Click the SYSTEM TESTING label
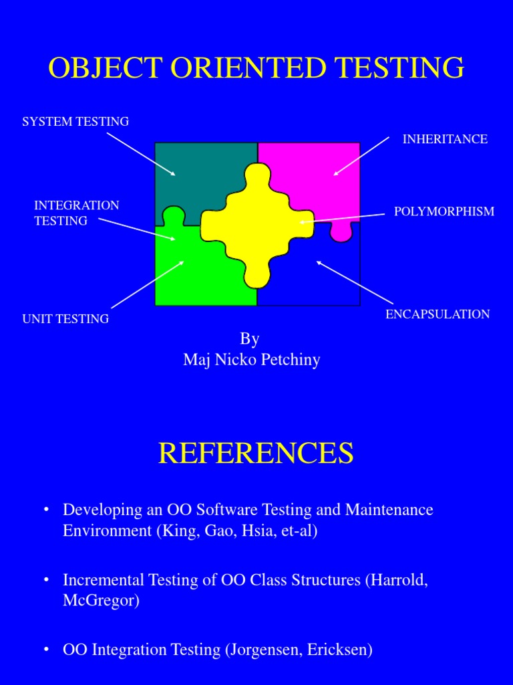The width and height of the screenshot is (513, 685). click(75, 122)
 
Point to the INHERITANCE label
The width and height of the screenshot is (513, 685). click(445, 139)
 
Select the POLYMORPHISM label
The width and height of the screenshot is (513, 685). click(444, 211)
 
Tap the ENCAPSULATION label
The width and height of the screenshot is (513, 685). click(438, 314)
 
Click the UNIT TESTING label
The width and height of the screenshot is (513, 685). click(65, 319)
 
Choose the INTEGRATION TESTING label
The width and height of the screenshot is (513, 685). click(76, 213)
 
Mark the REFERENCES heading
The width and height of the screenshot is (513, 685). click(256, 454)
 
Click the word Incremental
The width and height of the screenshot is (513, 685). click(104, 579)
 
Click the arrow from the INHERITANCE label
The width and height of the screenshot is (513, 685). click(361, 156)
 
